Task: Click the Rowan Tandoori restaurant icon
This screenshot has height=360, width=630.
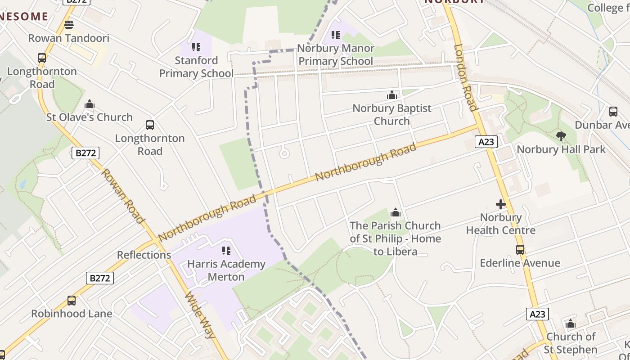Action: pos(68,24)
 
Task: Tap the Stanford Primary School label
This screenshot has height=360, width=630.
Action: pos(196,67)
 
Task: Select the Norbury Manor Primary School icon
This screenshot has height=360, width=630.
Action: pos(335,35)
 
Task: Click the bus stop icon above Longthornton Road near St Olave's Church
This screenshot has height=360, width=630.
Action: pos(42,58)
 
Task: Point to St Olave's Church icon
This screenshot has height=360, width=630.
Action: pos(90,104)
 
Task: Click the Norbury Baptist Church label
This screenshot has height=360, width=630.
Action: pos(391,114)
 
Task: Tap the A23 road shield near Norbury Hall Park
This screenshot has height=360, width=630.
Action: pos(486,142)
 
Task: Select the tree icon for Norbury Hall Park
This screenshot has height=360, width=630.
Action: pos(561,136)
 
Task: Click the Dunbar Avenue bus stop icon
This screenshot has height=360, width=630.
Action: pos(613,112)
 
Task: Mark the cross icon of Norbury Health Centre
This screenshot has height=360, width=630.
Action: pos(500,204)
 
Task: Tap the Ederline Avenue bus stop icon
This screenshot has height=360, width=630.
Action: pos(520,249)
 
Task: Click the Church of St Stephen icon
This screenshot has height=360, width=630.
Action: pos(571,324)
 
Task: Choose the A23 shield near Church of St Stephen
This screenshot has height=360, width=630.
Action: pos(537,314)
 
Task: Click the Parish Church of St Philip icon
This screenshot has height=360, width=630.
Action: pos(396,212)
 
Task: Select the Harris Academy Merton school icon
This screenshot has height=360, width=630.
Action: pos(226,250)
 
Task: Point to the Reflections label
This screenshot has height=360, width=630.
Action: pos(144,255)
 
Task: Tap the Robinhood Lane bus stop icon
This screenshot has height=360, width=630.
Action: pos(71,300)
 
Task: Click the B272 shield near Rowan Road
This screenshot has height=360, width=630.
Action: pos(85,153)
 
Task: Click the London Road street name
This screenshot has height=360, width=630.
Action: pos(465,77)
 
